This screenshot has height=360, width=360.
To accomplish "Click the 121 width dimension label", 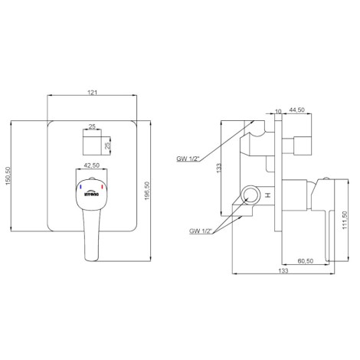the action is point(93,93).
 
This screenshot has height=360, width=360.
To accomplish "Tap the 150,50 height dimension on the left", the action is point(8,176).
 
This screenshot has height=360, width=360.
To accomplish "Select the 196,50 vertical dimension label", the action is point(147,191).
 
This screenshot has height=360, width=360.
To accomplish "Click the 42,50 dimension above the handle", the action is point(92,165).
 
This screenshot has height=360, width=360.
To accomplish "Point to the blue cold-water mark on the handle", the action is point(80,188).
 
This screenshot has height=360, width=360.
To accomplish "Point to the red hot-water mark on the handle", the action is point(102,188).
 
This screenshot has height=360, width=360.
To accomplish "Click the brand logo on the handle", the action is point(91,193).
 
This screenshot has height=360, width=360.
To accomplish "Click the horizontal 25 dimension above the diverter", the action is point(92,126).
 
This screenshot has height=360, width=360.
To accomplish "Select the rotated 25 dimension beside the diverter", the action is point(108,146).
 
